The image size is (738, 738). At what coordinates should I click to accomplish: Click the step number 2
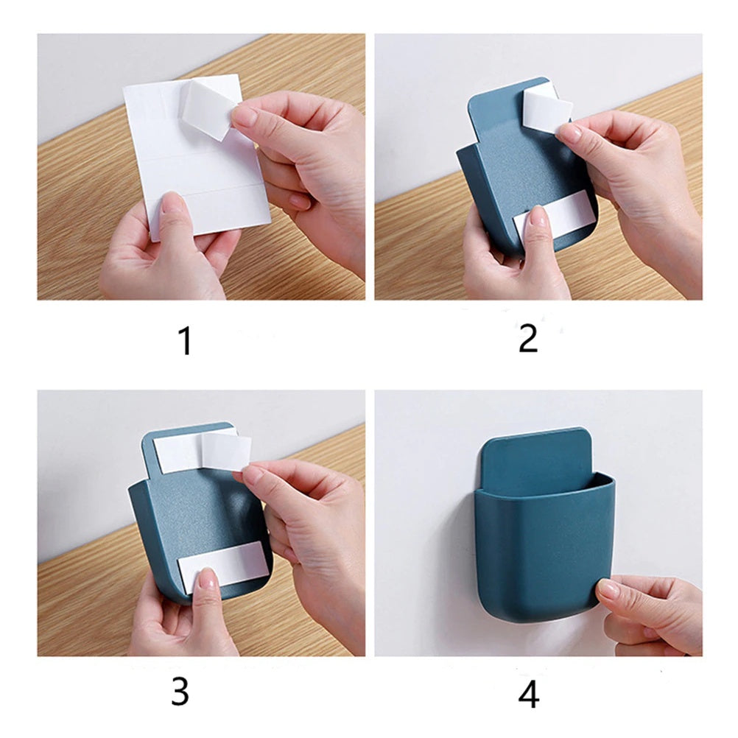528,338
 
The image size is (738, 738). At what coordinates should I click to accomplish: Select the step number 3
180,692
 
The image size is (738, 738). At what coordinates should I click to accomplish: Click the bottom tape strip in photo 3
221,568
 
